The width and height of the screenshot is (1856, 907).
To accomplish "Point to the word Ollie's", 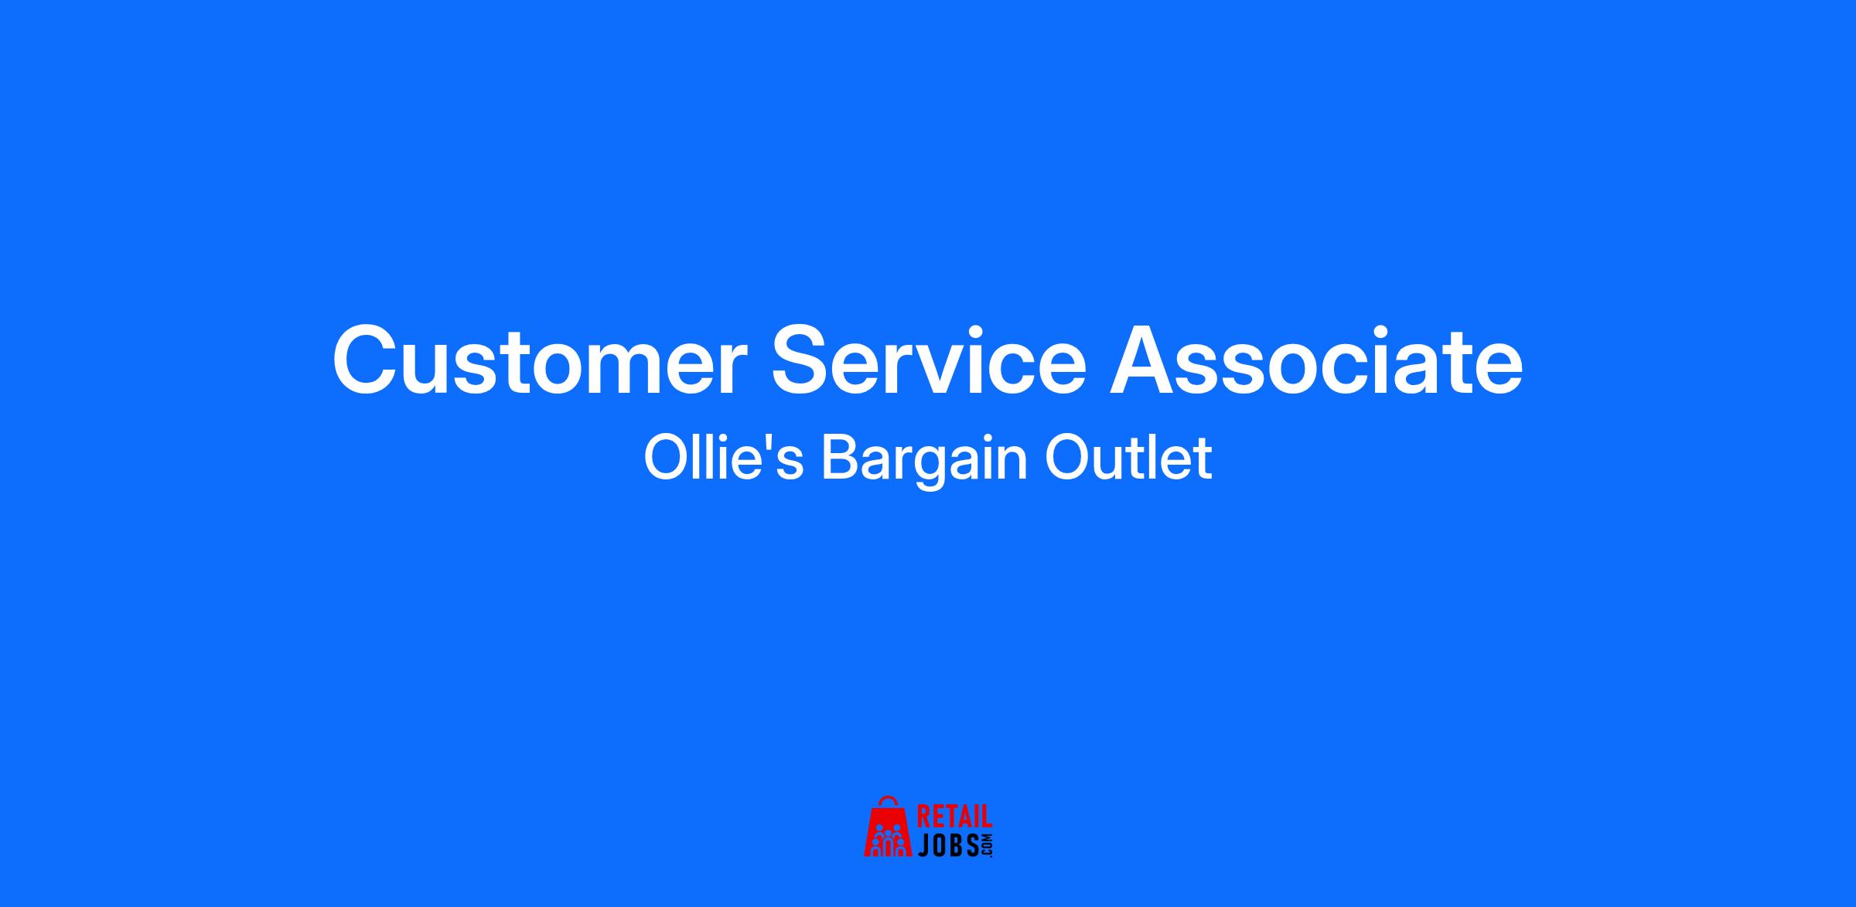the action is pyautogui.click(x=723, y=458).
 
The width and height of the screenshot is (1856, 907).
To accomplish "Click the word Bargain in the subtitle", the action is pyautogui.click(x=924, y=461).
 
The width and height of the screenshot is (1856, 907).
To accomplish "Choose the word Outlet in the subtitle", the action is pyautogui.click(x=1128, y=458).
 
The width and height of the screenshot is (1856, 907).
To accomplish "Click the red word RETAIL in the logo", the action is pyautogui.click(x=954, y=818).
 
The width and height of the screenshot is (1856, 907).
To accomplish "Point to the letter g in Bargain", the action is pyautogui.click(x=937, y=469).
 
